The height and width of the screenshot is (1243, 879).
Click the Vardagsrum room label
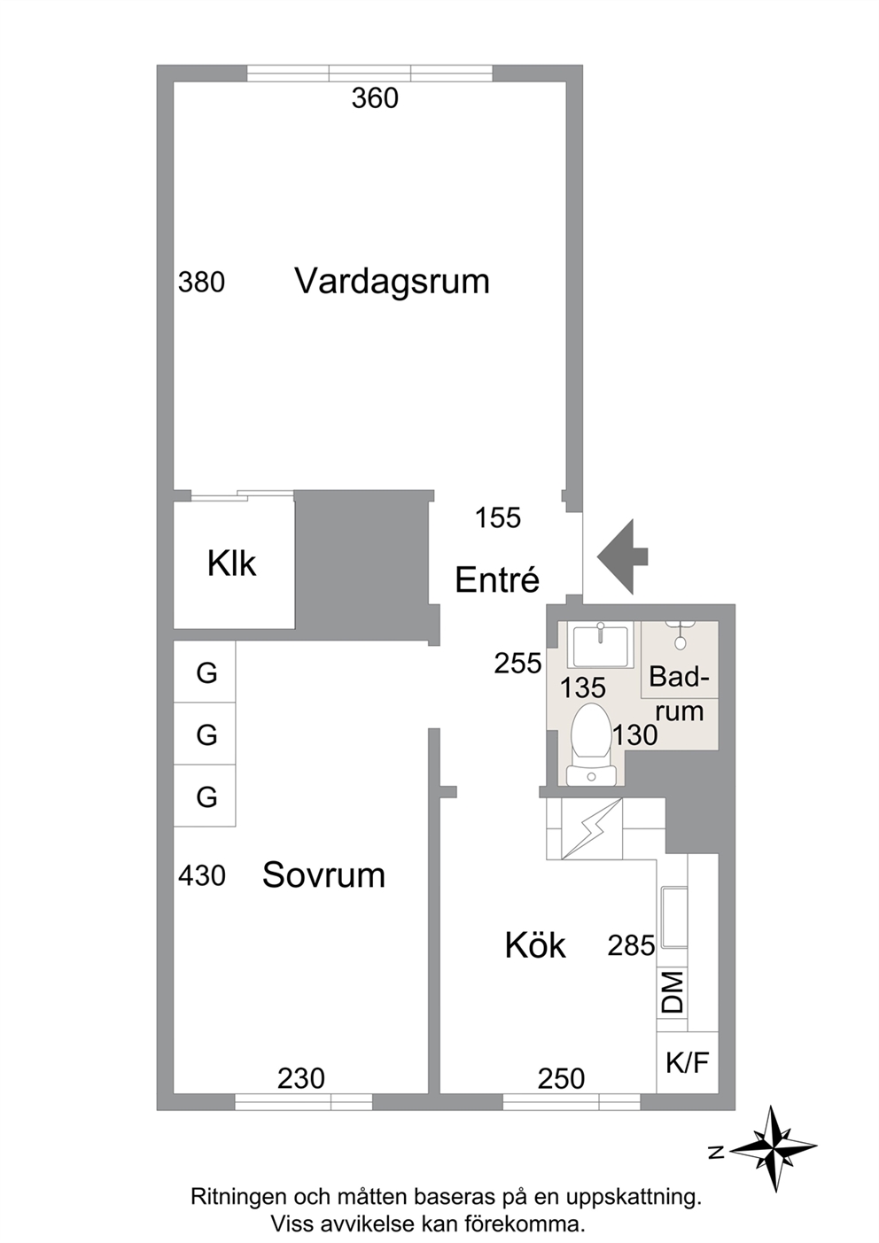[392, 282]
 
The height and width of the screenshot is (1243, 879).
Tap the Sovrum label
[323, 875]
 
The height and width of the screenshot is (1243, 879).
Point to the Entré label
[497, 579]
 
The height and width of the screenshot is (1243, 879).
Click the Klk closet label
[232, 563]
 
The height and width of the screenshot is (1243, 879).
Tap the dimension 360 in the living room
[375, 98]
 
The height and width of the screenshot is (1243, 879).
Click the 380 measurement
[201, 282]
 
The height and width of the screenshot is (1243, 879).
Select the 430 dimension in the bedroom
[202, 876]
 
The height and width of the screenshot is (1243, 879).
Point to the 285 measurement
[632, 945]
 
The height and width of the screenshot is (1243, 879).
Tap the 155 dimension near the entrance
[498, 518]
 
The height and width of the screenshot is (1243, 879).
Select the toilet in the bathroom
[591, 744]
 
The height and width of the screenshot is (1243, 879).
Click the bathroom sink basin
[601, 644]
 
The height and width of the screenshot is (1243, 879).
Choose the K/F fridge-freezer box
[688, 1062]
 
